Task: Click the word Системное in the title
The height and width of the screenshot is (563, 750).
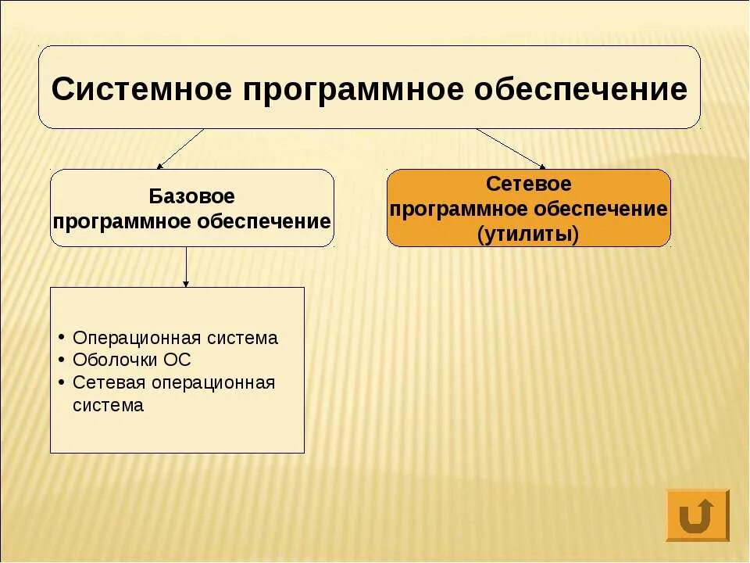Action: coord(141,89)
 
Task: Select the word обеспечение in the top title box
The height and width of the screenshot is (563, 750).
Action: coord(581,89)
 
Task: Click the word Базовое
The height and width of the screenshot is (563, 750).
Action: coord(191,196)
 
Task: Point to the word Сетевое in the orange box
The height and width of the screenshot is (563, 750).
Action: coord(529,185)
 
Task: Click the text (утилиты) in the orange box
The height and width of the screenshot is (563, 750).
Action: coord(529,235)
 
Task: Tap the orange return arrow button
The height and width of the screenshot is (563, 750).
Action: coord(697,515)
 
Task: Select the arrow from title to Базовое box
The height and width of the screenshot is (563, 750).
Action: coord(180,149)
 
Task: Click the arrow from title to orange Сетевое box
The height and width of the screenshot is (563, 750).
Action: coord(510,149)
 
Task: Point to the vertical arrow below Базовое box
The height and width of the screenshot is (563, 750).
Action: coord(186,267)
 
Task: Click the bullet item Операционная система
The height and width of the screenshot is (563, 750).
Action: coord(175,338)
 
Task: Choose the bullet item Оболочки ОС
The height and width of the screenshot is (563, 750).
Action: coord(131,360)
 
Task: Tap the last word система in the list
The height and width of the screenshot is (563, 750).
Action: coord(108,406)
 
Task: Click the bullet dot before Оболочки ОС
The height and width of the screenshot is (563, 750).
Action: coord(61,360)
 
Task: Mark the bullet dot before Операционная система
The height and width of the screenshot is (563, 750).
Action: coord(61,338)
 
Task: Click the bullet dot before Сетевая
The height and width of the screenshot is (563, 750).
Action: coord(61,383)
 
